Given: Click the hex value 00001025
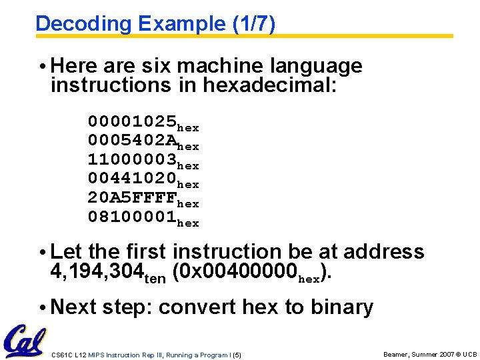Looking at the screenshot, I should click(132, 122).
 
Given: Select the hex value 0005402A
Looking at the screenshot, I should click(132, 141).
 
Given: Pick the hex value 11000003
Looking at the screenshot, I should click(132, 160).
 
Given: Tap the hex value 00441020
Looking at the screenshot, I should click(132, 179).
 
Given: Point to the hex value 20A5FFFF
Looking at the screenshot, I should click(132, 198).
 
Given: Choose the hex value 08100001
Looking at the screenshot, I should click(132, 217).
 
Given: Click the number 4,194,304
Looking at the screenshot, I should click(97, 271).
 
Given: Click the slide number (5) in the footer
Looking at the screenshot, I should click(237, 354).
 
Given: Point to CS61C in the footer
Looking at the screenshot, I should click(61, 354).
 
